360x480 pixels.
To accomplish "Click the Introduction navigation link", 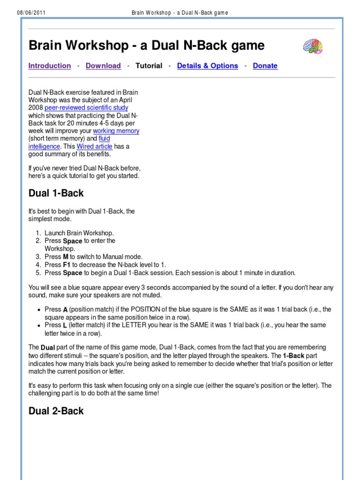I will [x=50, y=66].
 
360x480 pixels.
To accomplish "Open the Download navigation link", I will [x=103, y=66].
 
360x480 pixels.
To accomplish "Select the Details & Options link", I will [x=207, y=66].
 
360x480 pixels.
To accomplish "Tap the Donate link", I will [x=265, y=66].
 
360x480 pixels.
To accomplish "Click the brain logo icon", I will [x=312, y=46].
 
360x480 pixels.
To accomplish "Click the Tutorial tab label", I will [x=149, y=66].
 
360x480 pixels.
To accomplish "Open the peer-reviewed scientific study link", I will [x=86, y=108].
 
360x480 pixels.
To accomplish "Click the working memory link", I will [x=116, y=131].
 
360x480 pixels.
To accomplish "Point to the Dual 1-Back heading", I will [x=56, y=193].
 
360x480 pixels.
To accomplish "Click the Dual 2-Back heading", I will [x=56, y=411].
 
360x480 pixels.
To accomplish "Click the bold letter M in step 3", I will [x=66, y=257].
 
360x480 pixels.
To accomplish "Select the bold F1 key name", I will [x=67, y=265].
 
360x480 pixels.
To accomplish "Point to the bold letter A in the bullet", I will [x=66, y=309].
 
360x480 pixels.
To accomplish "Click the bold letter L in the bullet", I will [x=65, y=325].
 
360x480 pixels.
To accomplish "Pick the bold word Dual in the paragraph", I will [x=48, y=348].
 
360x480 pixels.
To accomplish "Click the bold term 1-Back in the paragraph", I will [x=294, y=355].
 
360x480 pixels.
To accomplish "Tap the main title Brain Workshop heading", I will [x=146, y=45].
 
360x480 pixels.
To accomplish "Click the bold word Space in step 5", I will [x=73, y=273].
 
